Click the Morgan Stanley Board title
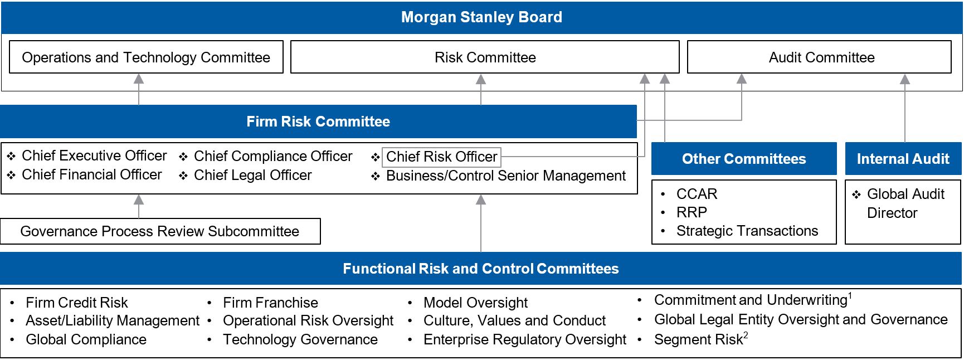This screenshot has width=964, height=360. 481,17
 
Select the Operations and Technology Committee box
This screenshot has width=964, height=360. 146,57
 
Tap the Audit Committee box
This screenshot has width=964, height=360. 821,57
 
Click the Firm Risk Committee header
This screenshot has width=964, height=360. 318,121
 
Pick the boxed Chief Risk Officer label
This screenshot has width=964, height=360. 441,157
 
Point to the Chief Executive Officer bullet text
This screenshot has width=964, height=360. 94,155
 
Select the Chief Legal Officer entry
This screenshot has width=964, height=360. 252,175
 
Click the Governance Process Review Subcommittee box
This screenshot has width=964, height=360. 160,231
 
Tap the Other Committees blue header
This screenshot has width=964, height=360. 743,159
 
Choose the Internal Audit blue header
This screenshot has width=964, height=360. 903,159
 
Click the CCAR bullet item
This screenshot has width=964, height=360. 697,194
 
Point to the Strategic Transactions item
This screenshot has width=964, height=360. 747,231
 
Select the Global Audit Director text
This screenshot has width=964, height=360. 905,203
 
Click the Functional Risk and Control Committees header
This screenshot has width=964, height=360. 480,269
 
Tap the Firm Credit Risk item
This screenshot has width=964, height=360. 76,303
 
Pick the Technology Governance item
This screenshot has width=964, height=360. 300,339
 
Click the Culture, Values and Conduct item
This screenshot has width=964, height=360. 514,320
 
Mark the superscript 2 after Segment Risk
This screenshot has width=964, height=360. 746,335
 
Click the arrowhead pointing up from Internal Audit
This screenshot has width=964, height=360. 905,80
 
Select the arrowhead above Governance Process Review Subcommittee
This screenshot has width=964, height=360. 139,200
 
